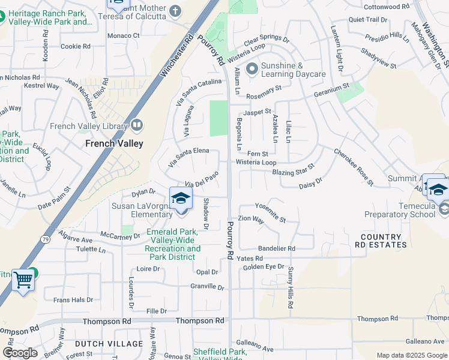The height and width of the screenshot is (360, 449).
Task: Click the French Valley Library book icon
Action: [x=137, y=126]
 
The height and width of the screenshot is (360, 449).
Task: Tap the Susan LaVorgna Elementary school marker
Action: [x=181, y=198]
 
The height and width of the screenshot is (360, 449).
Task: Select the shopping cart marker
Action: [x=23, y=280]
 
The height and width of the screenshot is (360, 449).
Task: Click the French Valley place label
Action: [x=114, y=143]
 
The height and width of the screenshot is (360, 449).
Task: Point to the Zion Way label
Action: [x=251, y=220]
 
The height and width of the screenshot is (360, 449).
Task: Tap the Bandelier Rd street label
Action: [x=277, y=248]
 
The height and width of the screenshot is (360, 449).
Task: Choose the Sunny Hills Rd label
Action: [x=291, y=288]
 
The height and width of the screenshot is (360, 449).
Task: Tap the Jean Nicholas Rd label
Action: [x=80, y=98]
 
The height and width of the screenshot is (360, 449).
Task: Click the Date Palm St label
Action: [x=54, y=197]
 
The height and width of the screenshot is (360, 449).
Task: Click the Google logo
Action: [x=20, y=353]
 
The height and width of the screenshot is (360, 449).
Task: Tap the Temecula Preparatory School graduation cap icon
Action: [x=438, y=190]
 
